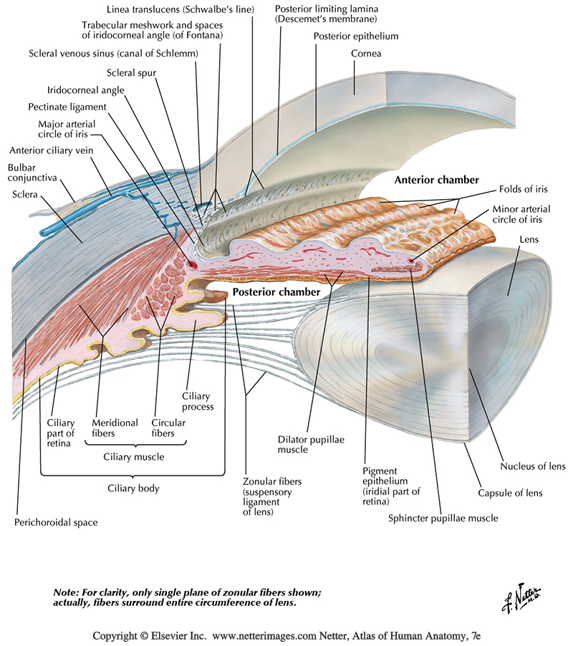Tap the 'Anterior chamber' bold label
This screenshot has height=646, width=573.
pos(436,180)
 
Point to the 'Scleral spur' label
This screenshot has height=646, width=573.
pos(131,72)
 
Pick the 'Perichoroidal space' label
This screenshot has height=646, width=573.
pos(56,522)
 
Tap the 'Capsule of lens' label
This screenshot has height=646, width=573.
pos(510,492)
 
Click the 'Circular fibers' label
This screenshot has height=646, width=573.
pos(169,428)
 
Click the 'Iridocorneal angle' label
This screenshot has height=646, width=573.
pos(86,90)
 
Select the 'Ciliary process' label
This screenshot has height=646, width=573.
pos(197,401)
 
